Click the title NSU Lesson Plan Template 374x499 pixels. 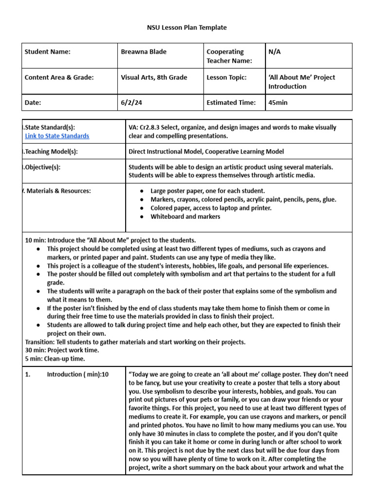187,28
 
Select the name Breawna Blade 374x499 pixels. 143,52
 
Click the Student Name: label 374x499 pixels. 47,52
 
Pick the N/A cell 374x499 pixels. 274,52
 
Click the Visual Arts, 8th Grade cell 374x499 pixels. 153,77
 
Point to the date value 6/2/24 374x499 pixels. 131,102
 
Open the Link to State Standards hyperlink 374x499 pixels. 57,136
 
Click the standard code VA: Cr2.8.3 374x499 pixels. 147,127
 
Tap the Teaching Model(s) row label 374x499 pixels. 51,152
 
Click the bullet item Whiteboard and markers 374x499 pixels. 185,217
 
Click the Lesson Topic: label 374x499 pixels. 226,77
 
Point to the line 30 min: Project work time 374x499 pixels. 62,350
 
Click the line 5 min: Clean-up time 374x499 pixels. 55,359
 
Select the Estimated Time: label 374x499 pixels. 231,102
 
